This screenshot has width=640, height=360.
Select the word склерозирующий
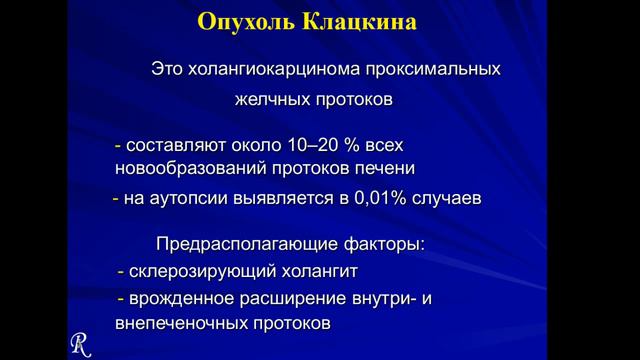190,272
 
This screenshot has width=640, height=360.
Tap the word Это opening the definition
169,71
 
